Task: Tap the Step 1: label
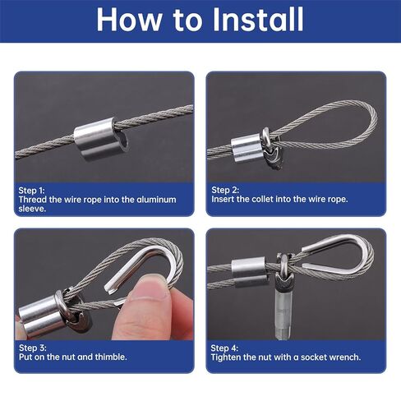click(x=35, y=188)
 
